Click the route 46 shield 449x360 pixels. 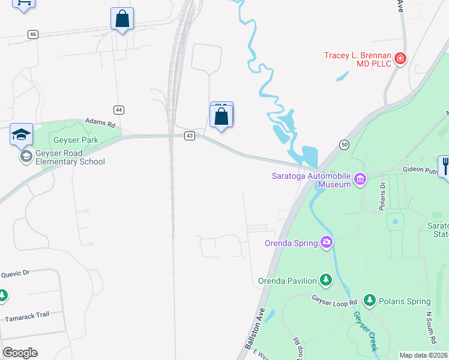(x=32, y=34)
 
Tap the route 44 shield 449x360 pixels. (x=119, y=110)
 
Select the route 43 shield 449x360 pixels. (x=190, y=136)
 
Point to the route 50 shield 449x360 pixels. (x=344, y=145)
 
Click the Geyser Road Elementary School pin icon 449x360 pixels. (x=25, y=157)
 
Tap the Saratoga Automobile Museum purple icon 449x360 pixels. (x=360, y=179)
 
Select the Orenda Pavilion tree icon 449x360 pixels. (x=326, y=280)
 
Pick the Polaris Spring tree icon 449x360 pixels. (x=369, y=301)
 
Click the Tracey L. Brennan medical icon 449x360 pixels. (x=400, y=59)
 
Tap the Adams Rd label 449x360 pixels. (x=100, y=122)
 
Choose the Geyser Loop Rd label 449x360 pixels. (x=334, y=299)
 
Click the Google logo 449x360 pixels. (x=20, y=352)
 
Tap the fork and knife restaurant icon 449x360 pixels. (x=445, y=165)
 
